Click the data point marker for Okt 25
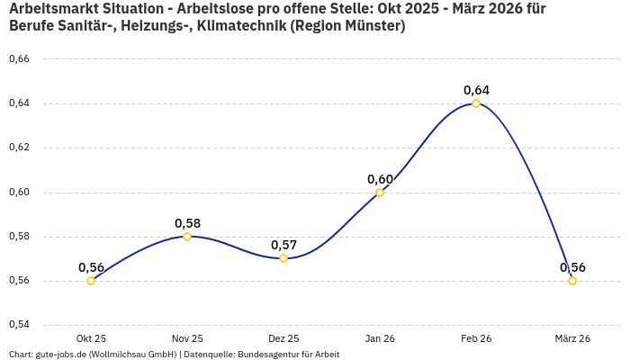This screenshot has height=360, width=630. tap(91, 281)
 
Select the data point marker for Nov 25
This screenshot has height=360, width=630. tap(187, 237)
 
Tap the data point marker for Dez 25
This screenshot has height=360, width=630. tap(283, 258)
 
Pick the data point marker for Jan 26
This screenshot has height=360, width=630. tap(380, 193)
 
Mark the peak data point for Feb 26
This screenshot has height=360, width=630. tap(476, 103)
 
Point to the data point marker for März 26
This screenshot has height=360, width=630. tap(572, 281)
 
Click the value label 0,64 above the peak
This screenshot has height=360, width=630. tap(476, 90)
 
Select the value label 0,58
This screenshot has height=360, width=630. tap(187, 223)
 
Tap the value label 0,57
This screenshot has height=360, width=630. tap(283, 245)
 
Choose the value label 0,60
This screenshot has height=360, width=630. tap(380, 179)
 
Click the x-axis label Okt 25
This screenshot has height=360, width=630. tap(91, 338)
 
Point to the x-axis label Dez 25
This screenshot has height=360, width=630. tap(283, 338)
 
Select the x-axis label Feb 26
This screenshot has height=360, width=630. tap(476, 338)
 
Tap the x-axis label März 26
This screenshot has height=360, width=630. tap(572, 338)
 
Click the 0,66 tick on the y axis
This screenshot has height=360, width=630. tap(19, 59)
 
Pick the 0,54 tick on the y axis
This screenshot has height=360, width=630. tap(19, 325)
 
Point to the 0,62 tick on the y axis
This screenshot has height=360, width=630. tap(19, 148)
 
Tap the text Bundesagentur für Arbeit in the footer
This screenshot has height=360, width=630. tap(288, 354)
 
